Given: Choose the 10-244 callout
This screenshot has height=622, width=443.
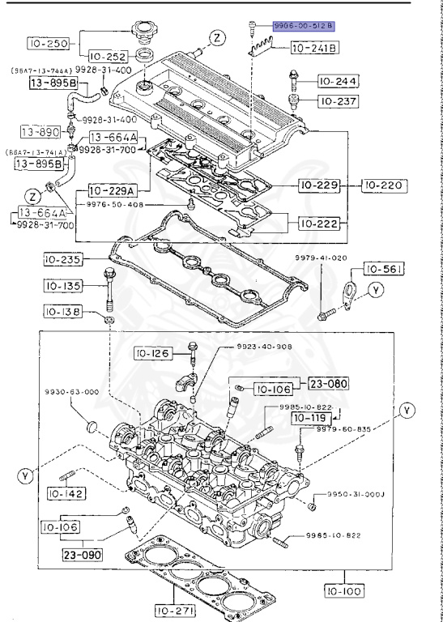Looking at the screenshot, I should pyautogui.click(x=334, y=82).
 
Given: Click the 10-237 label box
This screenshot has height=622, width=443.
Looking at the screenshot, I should pyautogui.click(x=334, y=101).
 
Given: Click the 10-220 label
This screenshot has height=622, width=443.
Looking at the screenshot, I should pyautogui.click(x=381, y=185).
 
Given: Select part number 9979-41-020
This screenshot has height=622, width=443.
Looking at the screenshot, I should pyautogui.click(x=319, y=258).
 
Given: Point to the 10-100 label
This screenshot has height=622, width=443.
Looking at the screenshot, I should pyautogui.click(x=343, y=592).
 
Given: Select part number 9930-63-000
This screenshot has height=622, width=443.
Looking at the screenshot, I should pyautogui.click(x=72, y=391).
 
